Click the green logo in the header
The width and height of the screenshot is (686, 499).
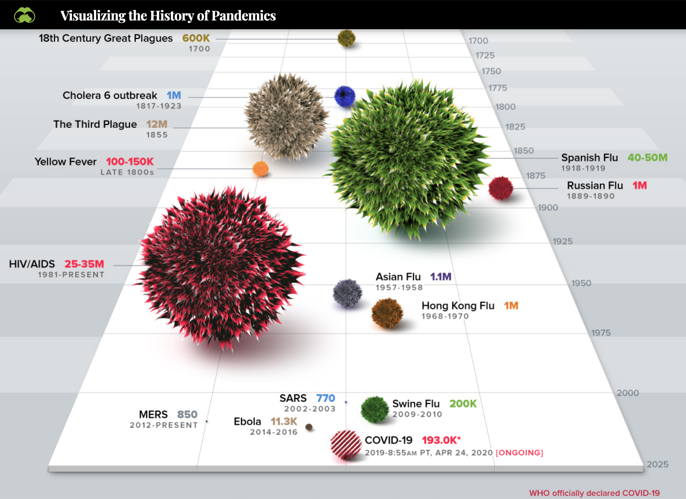(24, 15)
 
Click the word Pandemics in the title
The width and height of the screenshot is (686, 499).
(243, 16)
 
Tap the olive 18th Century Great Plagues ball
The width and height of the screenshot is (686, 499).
(346, 38)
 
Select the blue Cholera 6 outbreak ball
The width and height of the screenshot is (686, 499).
(344, 96)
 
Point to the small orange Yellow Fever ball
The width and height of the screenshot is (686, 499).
(261, 169)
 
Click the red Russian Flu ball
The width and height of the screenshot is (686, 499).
(501, 188)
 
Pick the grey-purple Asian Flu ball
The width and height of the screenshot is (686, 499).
(347, 293)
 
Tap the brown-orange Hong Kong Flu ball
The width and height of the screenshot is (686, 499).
(387, 313)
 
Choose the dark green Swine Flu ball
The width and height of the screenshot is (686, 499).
(374, 410)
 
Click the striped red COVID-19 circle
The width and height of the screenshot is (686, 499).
(346, 444)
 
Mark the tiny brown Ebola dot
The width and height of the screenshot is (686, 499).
(309, 427)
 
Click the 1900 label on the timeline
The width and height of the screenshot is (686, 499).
(548, 207)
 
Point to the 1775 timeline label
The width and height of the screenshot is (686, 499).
(498, 88)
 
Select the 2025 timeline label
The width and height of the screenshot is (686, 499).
(657, 464)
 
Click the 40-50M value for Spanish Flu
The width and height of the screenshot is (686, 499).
(647, 158)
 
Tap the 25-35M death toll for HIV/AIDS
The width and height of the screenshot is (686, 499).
(84, 264)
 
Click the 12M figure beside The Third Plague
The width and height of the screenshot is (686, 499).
(157, 124)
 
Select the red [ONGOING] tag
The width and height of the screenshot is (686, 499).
(519, 453)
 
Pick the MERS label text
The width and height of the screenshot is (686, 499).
(153, 414)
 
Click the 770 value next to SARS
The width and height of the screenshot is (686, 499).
(325, 398)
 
